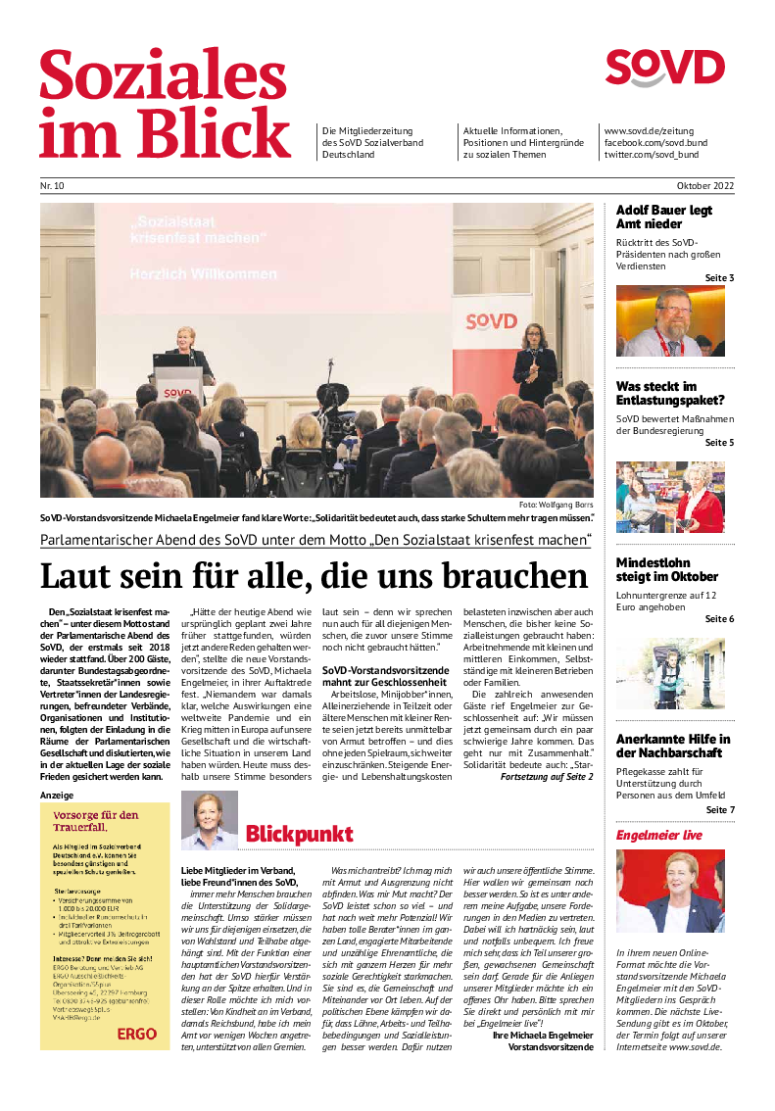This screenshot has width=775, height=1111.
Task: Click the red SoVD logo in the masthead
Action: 664,69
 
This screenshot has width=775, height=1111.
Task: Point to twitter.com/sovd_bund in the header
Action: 651,155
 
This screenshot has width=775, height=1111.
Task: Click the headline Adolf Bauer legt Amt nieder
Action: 663,217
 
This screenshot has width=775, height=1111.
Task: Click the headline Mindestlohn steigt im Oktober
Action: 666,569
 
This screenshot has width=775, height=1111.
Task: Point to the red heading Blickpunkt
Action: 299,835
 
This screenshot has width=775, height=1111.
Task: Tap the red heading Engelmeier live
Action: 658,836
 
